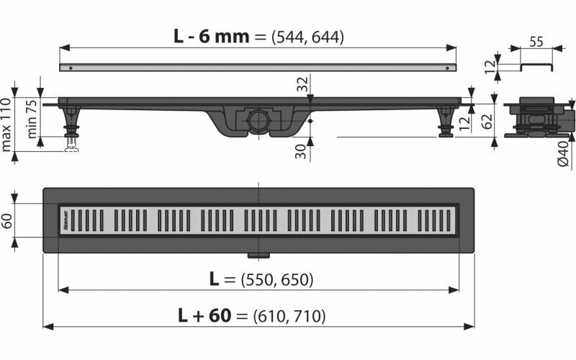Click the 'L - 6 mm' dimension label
click(210, 36)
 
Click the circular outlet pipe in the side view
click(257, 120)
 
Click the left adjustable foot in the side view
click(71, 122)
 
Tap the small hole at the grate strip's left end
click(70, 68)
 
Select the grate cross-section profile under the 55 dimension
click(534, 66)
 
